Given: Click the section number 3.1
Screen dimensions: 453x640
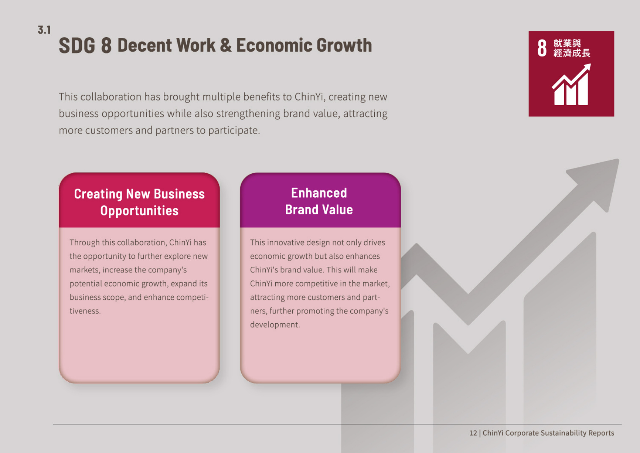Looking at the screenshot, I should [44, 30].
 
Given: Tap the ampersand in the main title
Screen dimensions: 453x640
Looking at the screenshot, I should [226, 46].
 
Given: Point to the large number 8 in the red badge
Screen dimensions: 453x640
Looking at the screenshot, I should [542, 48].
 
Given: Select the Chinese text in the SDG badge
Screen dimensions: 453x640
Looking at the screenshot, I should [571, 48].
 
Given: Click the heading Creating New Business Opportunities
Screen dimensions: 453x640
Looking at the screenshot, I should [139, 202].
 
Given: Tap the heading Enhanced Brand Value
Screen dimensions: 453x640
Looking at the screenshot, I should [319, 201].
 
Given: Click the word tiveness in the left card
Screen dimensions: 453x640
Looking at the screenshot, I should [85, 311].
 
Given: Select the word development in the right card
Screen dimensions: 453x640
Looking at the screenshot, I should [275, 325].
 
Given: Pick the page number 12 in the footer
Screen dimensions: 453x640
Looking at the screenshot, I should [473, 433].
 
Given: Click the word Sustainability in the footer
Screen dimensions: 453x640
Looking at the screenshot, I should [563, 433].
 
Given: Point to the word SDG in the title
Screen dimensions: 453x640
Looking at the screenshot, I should [77, 46].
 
